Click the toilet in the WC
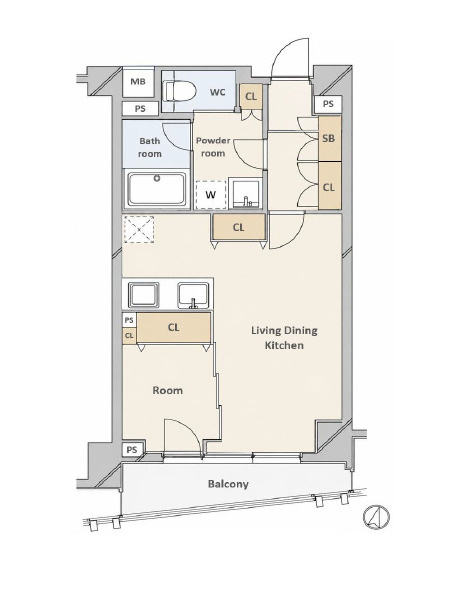(179, 91)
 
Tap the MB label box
(138, 82)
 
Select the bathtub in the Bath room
(157, 189)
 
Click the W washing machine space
(210, 195)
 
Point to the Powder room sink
(245, 193)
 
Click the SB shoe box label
(329, 138)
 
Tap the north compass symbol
(376, 517)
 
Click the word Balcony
(228, 484)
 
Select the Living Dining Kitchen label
(284, 337)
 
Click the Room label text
(167, 390)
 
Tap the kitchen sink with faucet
(193, 296)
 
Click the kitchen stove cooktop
(143, 296)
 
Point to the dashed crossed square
(139, 229)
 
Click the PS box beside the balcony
(133, 450)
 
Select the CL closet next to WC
(251, 96)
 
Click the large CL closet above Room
(174, 327)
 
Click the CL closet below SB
(329, 187)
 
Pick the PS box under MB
(140, 109)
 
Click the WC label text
(217, 92)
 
